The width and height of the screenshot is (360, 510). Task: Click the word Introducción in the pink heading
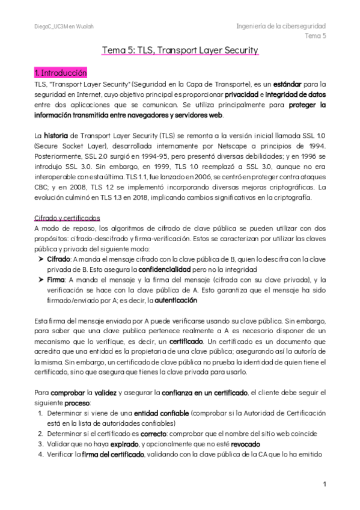(66, 73)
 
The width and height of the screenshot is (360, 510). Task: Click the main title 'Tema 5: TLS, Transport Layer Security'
(180, 50)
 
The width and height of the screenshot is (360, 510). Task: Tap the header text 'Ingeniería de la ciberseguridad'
(281, 26)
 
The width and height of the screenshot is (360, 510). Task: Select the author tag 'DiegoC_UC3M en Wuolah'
(64, 27)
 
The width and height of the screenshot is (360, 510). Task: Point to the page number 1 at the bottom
(324, 484)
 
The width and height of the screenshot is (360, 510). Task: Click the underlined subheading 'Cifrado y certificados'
(67, 218)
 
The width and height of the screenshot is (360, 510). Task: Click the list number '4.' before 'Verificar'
(40, 454)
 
